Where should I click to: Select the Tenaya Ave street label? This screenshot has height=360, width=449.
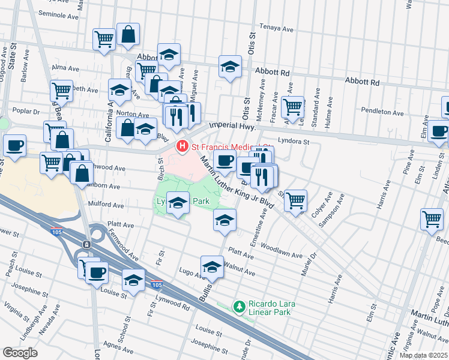point(276,28)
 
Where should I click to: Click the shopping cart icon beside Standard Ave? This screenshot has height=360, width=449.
point(292,107)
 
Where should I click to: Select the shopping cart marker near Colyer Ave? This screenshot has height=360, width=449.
point(295,201)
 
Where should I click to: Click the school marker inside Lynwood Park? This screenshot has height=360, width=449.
point(177,204)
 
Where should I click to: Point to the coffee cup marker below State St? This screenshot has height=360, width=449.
point(14,145)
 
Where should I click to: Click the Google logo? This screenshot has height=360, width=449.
point(20,353)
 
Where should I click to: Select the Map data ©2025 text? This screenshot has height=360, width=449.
point(423,355)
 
